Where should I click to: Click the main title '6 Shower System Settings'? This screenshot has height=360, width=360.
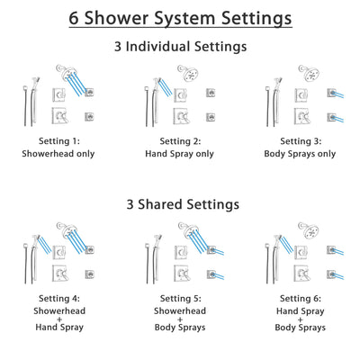[x=180, y=18]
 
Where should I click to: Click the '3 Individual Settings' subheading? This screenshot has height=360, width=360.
[x=180, y=46]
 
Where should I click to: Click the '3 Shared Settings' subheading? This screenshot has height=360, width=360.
[x=180, y=204]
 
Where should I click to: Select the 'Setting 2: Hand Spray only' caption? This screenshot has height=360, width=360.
[x=180, y=146]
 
